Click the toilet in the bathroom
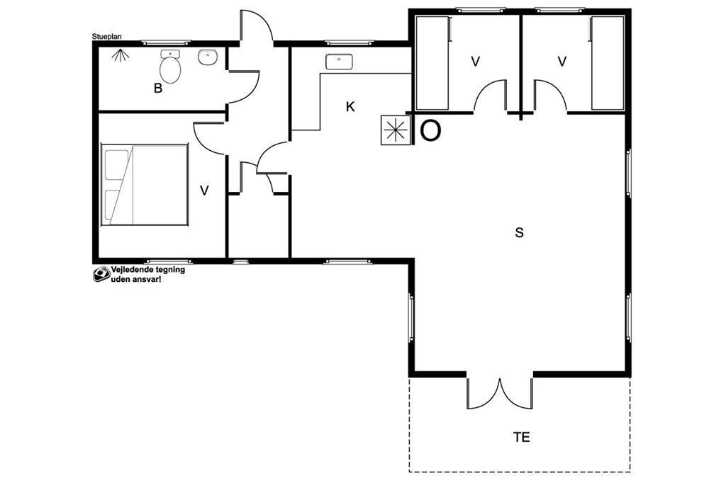coord(170,67)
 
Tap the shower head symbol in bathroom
coord(121,55)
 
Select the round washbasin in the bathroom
coord(208,57)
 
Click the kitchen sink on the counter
coord(339,62)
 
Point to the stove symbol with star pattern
coord(395,130)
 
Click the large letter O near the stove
coord(430,131)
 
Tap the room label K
coord(350,107)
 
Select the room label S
coord(519,232)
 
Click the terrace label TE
coord(521,437)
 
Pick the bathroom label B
coord(158,89)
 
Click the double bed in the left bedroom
coord(145,185)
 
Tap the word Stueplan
coord(106,37)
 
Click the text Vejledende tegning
coord(147,270)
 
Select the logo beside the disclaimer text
coord(101,274)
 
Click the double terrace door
coord(500,393)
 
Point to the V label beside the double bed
coord(204,190)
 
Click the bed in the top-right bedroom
coord(608,63)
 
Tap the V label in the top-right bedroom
coord(562,61)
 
